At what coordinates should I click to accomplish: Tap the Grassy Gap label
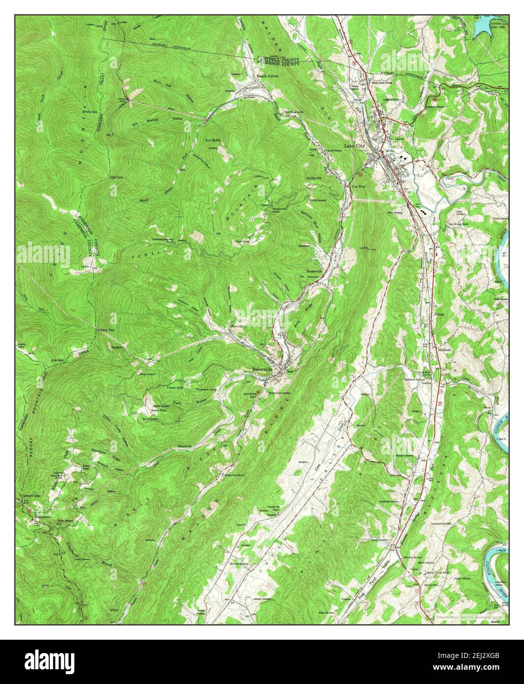(x=105, y=330)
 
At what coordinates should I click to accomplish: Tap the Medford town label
(x=445, y=350)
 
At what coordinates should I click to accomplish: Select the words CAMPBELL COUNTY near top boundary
(x=278, y=58)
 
